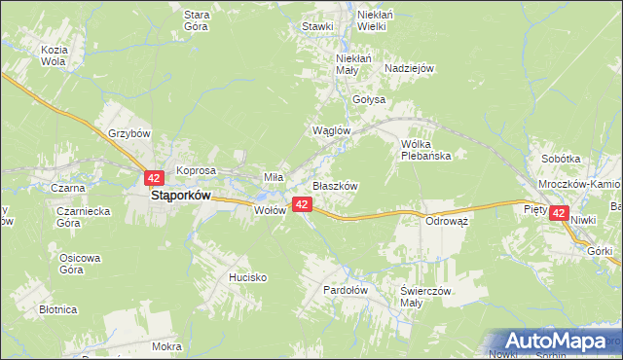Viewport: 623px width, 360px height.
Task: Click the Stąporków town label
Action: click(181, 195)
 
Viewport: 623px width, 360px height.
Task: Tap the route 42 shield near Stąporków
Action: click(154, 178)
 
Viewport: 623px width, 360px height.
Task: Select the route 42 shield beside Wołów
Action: click(302, 204)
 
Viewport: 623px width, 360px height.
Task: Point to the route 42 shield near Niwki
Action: click(558, 212)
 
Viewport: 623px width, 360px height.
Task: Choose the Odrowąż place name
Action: click(448, 221)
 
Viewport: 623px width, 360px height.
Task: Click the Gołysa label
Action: click(369, 99)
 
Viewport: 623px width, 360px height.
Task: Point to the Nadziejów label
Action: click(409, 68)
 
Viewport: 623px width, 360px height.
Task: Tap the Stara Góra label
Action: click(199, 20)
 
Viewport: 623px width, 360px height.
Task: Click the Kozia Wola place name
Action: click(53, 54)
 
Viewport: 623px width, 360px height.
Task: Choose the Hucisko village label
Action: click(247, 277)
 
